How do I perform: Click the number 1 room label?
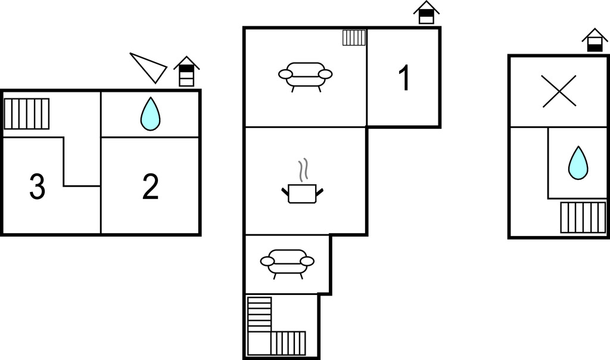coord(404,78)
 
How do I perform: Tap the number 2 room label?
coord(151,187)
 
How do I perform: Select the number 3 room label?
coord(38,187)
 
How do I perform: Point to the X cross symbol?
coord(559,91)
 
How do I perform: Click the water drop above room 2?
coord(150,114)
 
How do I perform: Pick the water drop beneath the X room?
coord(578,163)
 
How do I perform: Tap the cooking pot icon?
coord(302,194)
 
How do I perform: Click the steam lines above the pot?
coord(303,170)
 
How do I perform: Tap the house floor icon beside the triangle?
coord(186,71)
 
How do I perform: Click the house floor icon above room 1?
coord(427,13)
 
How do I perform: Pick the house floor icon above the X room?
coord(595,40)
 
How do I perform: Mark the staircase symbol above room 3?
coord(27,114)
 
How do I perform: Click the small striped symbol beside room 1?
coord(354,38)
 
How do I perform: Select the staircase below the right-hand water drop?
coord(583,217)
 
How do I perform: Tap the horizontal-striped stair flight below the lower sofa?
coord(260,314)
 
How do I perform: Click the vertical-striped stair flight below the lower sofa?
coord(288,343)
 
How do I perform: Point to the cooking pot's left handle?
coord(285,191)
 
